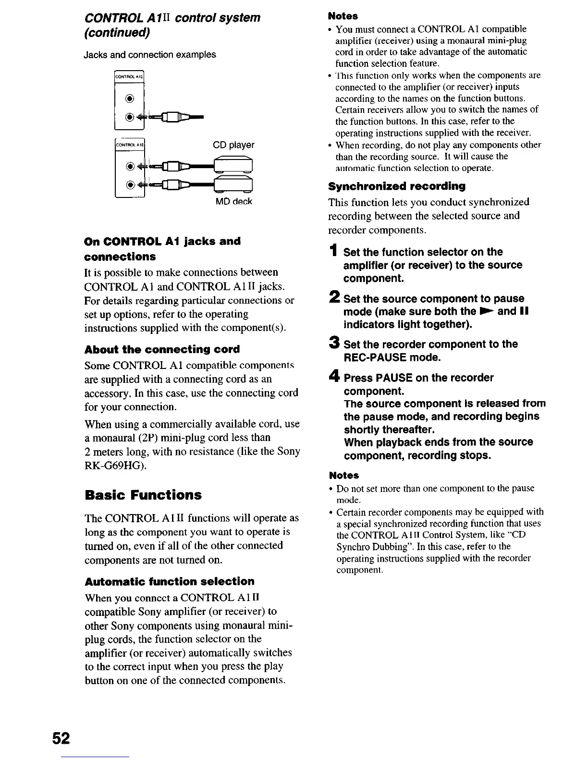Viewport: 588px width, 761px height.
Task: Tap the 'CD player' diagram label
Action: (x=233, y=145)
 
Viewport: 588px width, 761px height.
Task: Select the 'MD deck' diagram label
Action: (x=233, y=201)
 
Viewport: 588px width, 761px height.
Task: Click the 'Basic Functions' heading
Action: (x=143, y=495)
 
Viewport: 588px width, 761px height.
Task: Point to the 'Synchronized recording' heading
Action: (x=397, y=186)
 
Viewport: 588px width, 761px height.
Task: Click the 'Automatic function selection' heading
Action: (x=170, y=581)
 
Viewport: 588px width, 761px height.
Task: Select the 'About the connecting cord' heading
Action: (x=162, y=349)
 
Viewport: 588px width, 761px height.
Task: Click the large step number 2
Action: (x=334, y=298)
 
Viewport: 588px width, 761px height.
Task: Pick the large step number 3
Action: (x=334, y=344)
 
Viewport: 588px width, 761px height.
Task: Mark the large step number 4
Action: (x=334, y=377)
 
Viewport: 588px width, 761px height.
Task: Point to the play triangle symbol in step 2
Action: (x=486, y=311)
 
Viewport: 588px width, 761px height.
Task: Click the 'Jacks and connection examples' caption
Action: (x=150, y=55)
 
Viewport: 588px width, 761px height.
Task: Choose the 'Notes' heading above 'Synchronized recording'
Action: (x=343, y=16)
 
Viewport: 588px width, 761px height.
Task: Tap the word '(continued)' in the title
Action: (x=117, y=33)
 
